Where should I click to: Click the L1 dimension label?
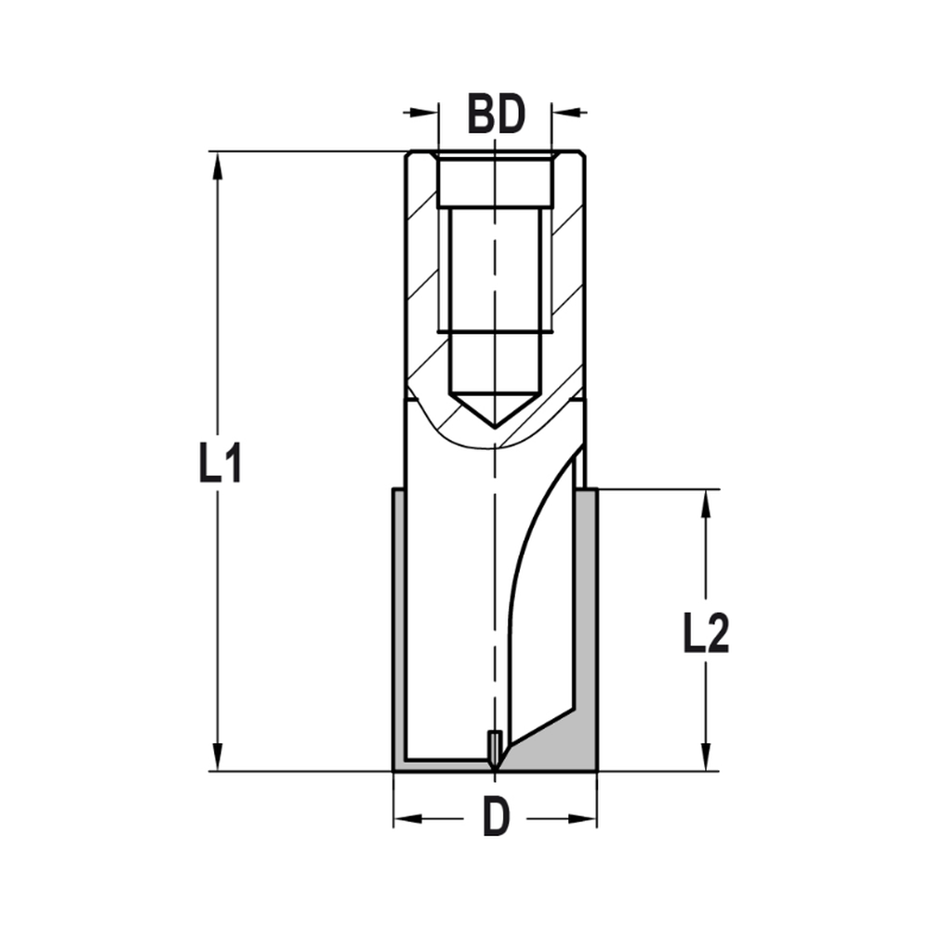pos(220,462)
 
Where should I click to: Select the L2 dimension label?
pos(706,635)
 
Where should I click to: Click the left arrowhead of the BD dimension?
pos(425,113)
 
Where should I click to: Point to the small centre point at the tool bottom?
pos(496,750)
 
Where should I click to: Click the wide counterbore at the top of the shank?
pos(496,181)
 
